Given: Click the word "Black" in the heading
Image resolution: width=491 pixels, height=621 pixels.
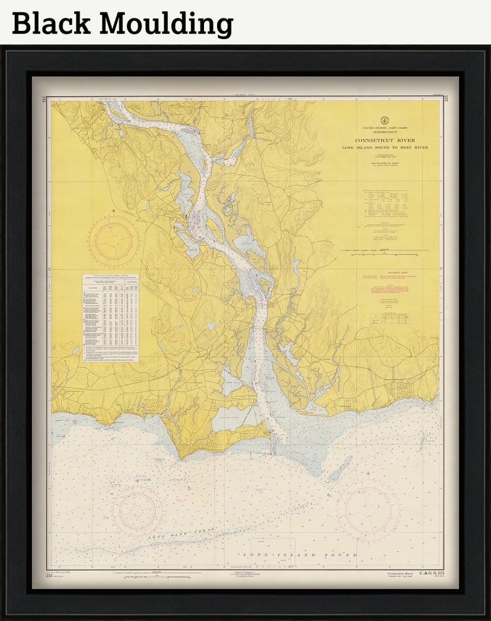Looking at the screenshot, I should [51, 24].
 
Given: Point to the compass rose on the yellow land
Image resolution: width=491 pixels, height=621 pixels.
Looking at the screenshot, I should [113, 240].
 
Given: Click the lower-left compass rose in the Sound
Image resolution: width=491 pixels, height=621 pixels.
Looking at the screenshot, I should [137, 509].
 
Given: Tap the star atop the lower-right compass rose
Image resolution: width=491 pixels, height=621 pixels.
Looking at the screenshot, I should [368, 474].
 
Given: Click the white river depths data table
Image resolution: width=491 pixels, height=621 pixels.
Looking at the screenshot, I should [110, 317].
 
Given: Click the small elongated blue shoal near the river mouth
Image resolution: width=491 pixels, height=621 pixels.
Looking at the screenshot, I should [339, 468].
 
